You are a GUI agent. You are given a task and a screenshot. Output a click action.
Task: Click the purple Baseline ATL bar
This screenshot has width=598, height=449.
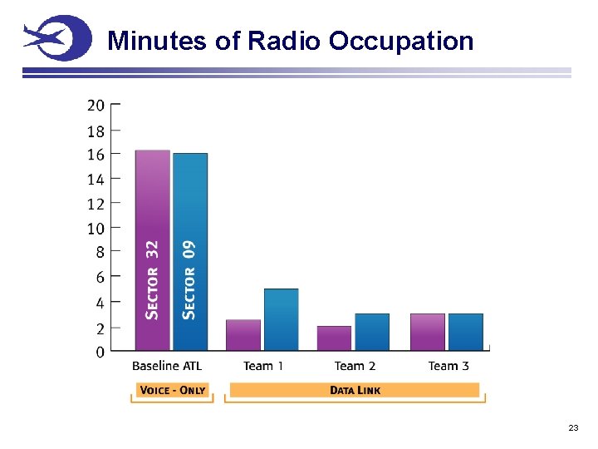tap(152, 249)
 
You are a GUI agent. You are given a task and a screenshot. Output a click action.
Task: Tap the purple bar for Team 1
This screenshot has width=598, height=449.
tap(243, 334)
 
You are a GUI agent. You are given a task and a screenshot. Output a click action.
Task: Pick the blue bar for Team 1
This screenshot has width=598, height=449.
tap(281, 319)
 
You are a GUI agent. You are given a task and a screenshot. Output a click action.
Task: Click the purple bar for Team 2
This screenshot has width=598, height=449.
tap(334, 338)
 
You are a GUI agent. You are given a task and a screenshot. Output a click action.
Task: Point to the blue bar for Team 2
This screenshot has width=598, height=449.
tap(371, 332)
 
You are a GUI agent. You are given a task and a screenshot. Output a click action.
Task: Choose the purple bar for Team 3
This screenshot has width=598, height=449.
tap(427, 332)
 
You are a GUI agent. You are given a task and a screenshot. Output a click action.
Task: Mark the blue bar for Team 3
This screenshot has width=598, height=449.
tap(465, 332)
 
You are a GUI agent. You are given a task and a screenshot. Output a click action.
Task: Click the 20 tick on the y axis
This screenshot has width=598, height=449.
tap(96, 105)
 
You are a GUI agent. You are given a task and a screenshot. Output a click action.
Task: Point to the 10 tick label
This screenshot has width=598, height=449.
tap(96, 229)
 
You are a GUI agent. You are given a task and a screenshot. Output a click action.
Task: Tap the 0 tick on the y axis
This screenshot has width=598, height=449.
tap(100, 352)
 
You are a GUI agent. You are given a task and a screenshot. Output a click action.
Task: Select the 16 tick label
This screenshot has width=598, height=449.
tap(96, 155)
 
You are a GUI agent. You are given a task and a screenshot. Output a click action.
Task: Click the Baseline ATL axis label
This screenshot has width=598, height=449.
tap(167, 366)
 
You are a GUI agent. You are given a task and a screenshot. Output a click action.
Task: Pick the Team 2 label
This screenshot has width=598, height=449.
tap(355, 366)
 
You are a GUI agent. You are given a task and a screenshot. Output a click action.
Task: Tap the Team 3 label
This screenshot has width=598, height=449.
tap(448, 366)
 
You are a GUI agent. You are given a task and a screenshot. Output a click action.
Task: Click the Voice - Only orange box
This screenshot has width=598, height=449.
tap(173, 390)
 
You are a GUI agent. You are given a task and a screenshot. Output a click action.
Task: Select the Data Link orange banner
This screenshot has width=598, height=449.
tap(355, 390)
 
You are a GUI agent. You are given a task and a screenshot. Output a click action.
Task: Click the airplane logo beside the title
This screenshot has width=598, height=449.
tap(56, 38)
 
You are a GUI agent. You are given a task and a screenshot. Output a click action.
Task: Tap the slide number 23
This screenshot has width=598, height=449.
tap(573, 427)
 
